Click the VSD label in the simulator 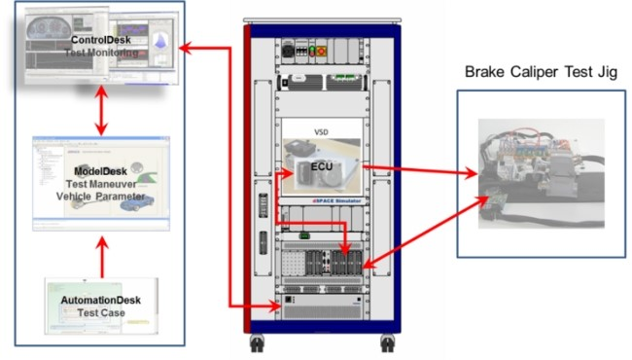pos(321,128)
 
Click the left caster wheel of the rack pos(260,343)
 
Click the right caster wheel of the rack pos(387,343)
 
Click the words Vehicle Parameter pos(100,196)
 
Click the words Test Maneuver pos(100,182)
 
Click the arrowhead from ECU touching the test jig pos(474,176)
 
